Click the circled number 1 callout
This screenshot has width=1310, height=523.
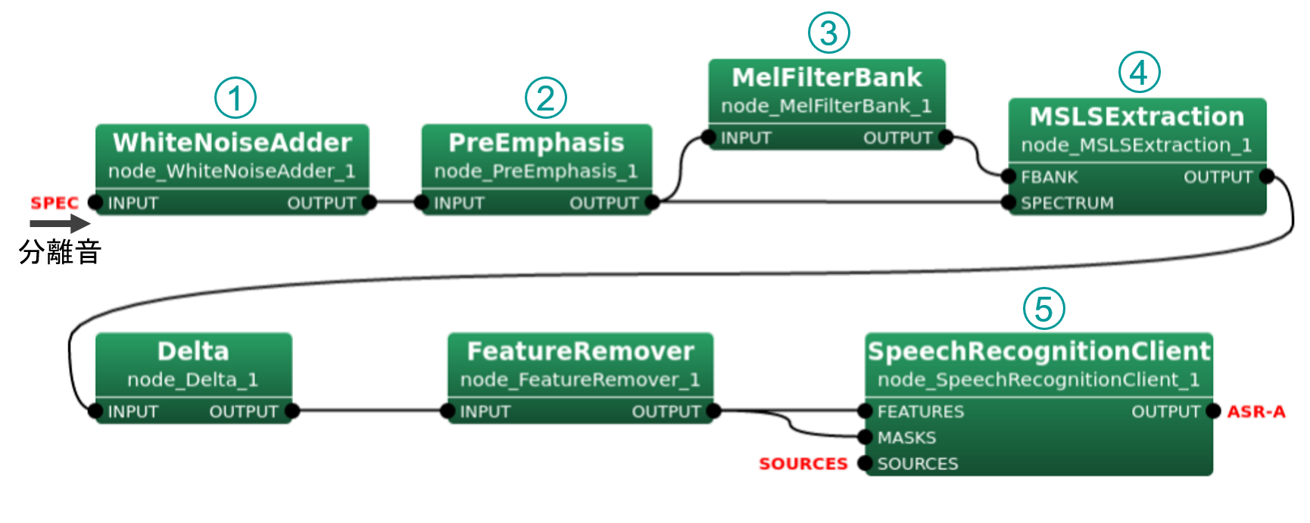click(x=235, y=98)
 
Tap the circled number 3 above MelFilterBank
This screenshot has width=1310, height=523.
click(x=828, y=33)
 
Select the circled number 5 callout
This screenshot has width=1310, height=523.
click(x=1043, y=309)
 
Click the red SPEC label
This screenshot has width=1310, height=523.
click(x=54, y=203)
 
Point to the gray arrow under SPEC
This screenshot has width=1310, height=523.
click(x=60, y=223)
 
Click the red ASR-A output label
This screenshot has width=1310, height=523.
click(x=1256, y=411)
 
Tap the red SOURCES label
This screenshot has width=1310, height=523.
click(x=803, y=463)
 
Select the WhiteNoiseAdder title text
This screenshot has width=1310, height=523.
click(x=232, y=142)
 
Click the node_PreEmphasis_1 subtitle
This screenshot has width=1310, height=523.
click(x=536, y=171)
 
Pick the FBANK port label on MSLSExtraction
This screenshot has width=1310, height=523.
click(x=1049, y=177)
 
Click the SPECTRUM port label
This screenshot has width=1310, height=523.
click(x=1067, y=203)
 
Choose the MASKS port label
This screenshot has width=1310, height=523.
click(x=906, y=437)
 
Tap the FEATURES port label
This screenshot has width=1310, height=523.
click(x=920, y=412)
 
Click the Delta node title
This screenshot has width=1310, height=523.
click(x=193, y=351)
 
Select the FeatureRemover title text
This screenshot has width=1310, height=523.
click(x=580, y=351)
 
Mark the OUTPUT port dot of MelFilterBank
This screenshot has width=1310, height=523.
click(x=946, y=137)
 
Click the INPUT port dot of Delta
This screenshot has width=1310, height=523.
click(x=95, y=412)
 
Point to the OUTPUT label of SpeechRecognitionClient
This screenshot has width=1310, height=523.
click(x=1165, y=412)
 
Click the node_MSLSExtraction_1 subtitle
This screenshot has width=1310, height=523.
click(x=1137, y=145)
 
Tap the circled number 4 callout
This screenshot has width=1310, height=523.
click(x=1139, y=73)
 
